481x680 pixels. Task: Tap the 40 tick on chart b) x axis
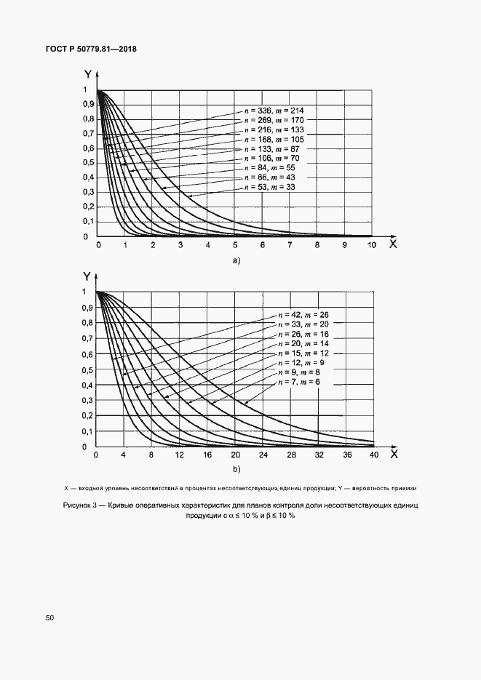click(373, 456)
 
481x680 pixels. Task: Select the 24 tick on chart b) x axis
click(263, 456)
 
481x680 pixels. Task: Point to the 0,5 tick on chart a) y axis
click(88, 163)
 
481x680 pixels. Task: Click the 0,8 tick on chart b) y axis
click(87, 323)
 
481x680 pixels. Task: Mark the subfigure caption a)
click(235, 260)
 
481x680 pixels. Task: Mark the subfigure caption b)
click(235, 470)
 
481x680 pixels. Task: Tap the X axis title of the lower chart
click(393, 454)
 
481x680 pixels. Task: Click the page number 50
click(50, 617)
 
